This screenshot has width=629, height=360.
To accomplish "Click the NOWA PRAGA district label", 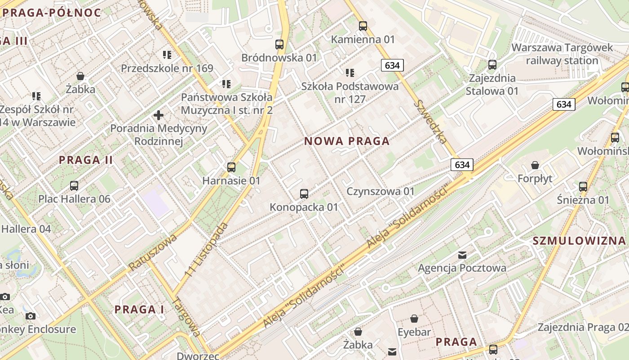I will [347, 141].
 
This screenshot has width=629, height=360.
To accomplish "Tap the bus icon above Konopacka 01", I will [304, 194].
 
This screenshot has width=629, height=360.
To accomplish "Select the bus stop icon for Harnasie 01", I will [231, 167].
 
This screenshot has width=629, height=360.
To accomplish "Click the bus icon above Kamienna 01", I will [363, 26].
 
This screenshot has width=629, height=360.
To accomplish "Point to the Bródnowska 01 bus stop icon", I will [279, 45].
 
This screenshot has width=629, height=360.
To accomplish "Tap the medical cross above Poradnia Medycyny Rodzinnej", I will [158, 115].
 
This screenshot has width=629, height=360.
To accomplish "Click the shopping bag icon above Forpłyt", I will [535, 165].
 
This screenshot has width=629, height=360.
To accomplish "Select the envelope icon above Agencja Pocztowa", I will [462, 255].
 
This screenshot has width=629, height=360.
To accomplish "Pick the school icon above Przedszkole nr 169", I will [167, 55].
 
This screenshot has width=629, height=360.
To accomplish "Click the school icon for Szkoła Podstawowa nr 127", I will [350, 72].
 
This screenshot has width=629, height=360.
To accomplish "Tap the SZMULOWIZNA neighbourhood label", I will [579, 241].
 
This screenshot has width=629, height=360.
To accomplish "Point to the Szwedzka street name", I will [430, 121].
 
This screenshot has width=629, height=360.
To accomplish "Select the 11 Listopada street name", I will [207, 250].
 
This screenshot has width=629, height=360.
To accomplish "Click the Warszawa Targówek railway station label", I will [562, 54].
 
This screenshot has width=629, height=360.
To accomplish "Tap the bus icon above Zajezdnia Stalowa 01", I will [492, 65].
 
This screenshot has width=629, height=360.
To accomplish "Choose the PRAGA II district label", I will [86, 160].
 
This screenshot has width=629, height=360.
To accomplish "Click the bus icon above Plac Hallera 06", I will [74, 185].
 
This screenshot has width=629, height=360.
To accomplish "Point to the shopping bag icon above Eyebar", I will [414, 319].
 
